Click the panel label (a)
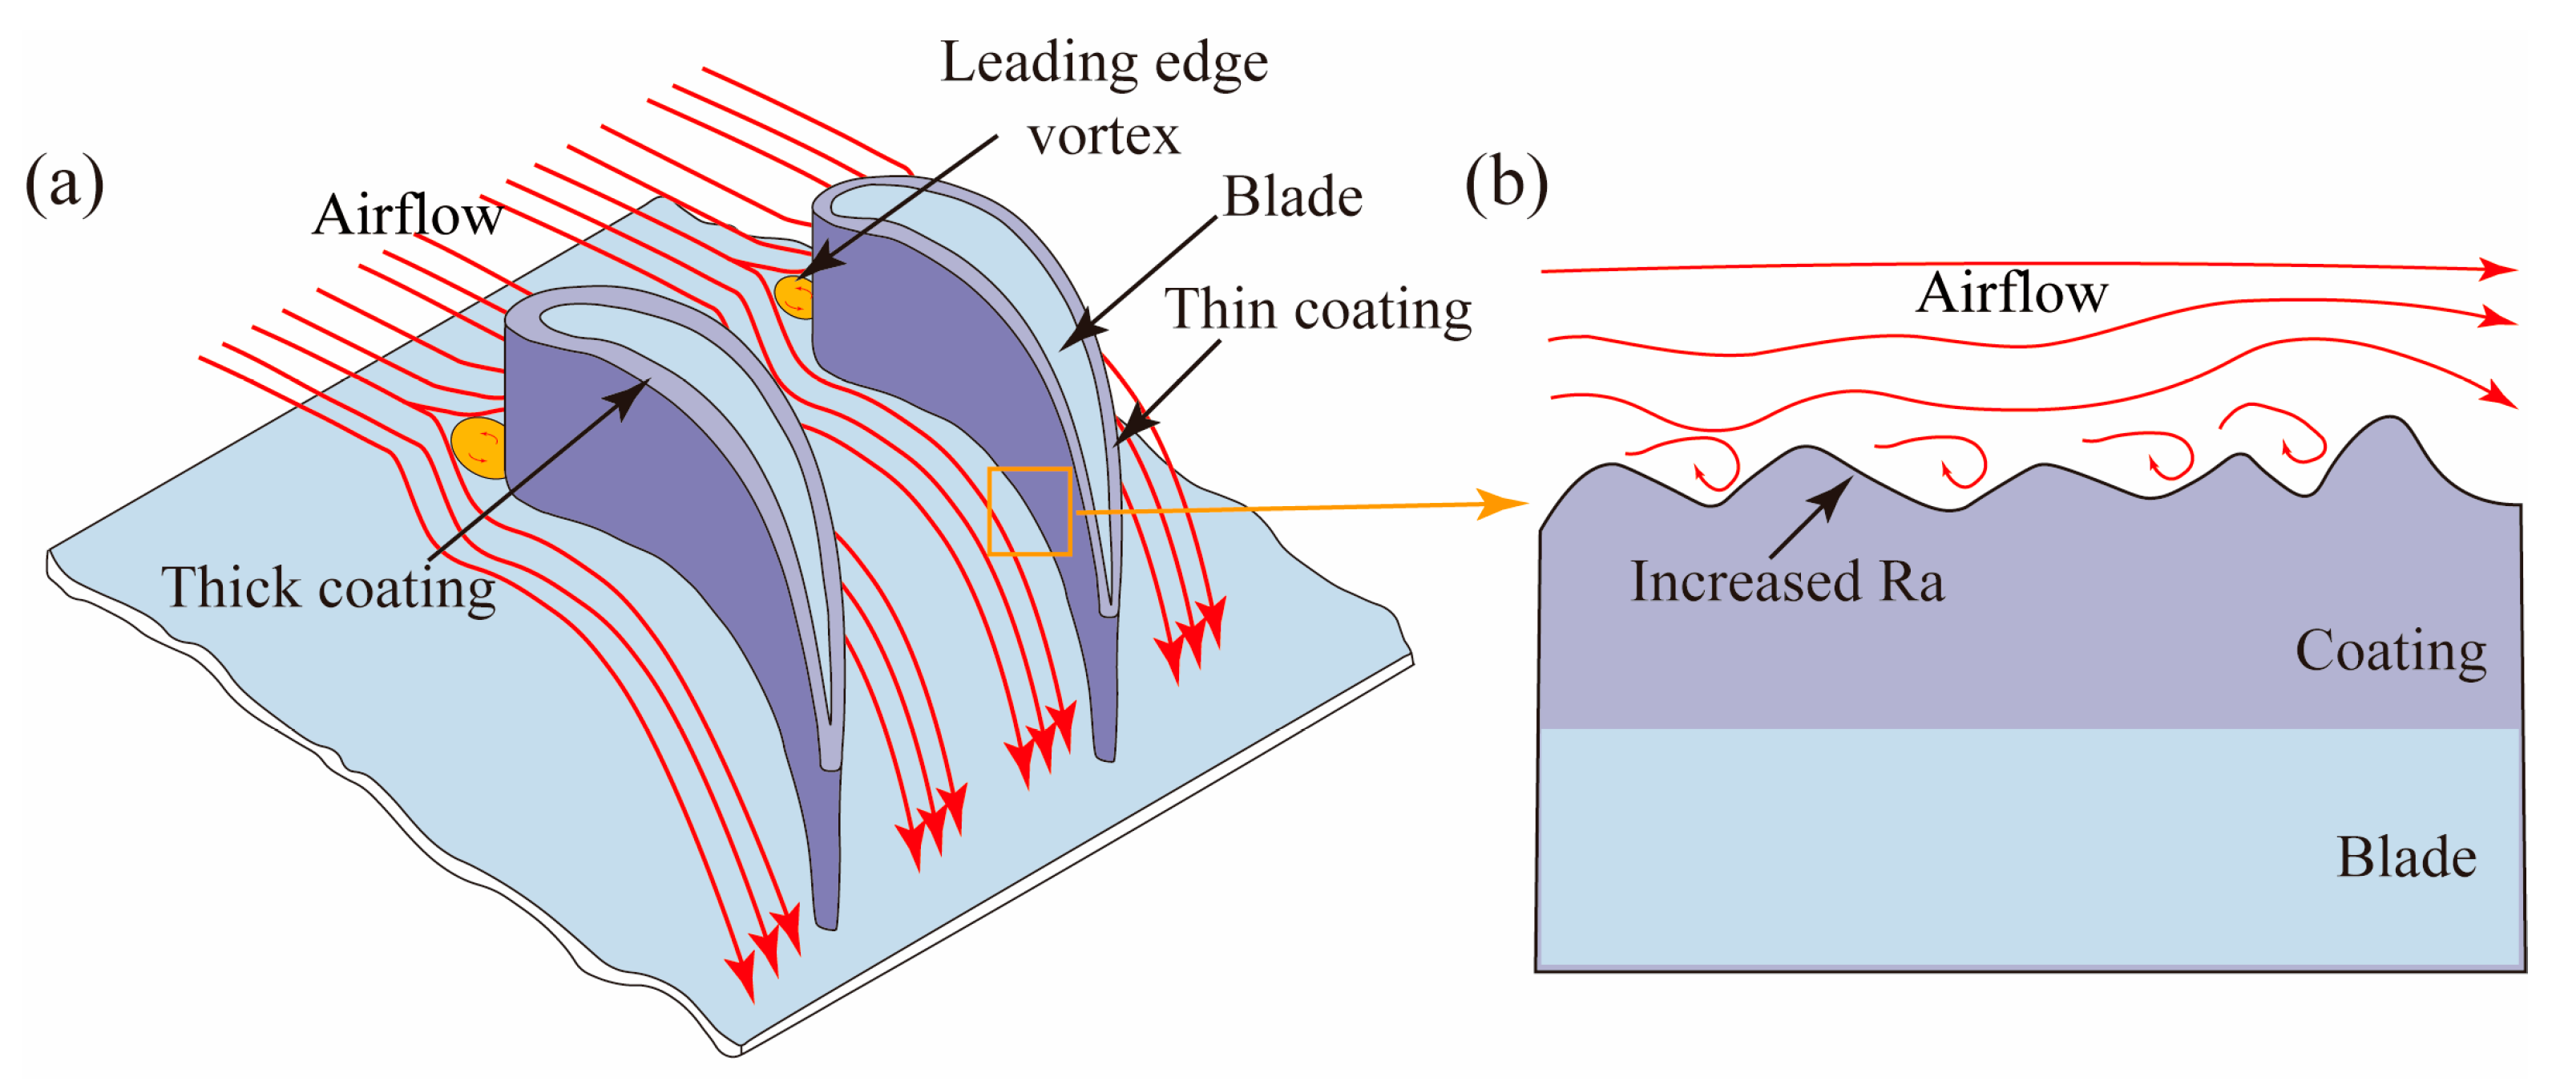point(63,184)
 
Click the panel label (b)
point(1505,184)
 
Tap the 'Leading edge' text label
point(1104,63)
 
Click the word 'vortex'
point(1104,136)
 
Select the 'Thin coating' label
point(1317,310)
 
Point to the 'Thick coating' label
point(328,588)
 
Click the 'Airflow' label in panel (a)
point(407,214)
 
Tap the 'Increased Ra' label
point(1786,581)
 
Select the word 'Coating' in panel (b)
point(2389,651)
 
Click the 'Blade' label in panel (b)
point(2405,857)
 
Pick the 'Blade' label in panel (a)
point(1292,197)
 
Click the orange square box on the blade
point(1029,510)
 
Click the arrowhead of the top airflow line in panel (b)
point(2497,269)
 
